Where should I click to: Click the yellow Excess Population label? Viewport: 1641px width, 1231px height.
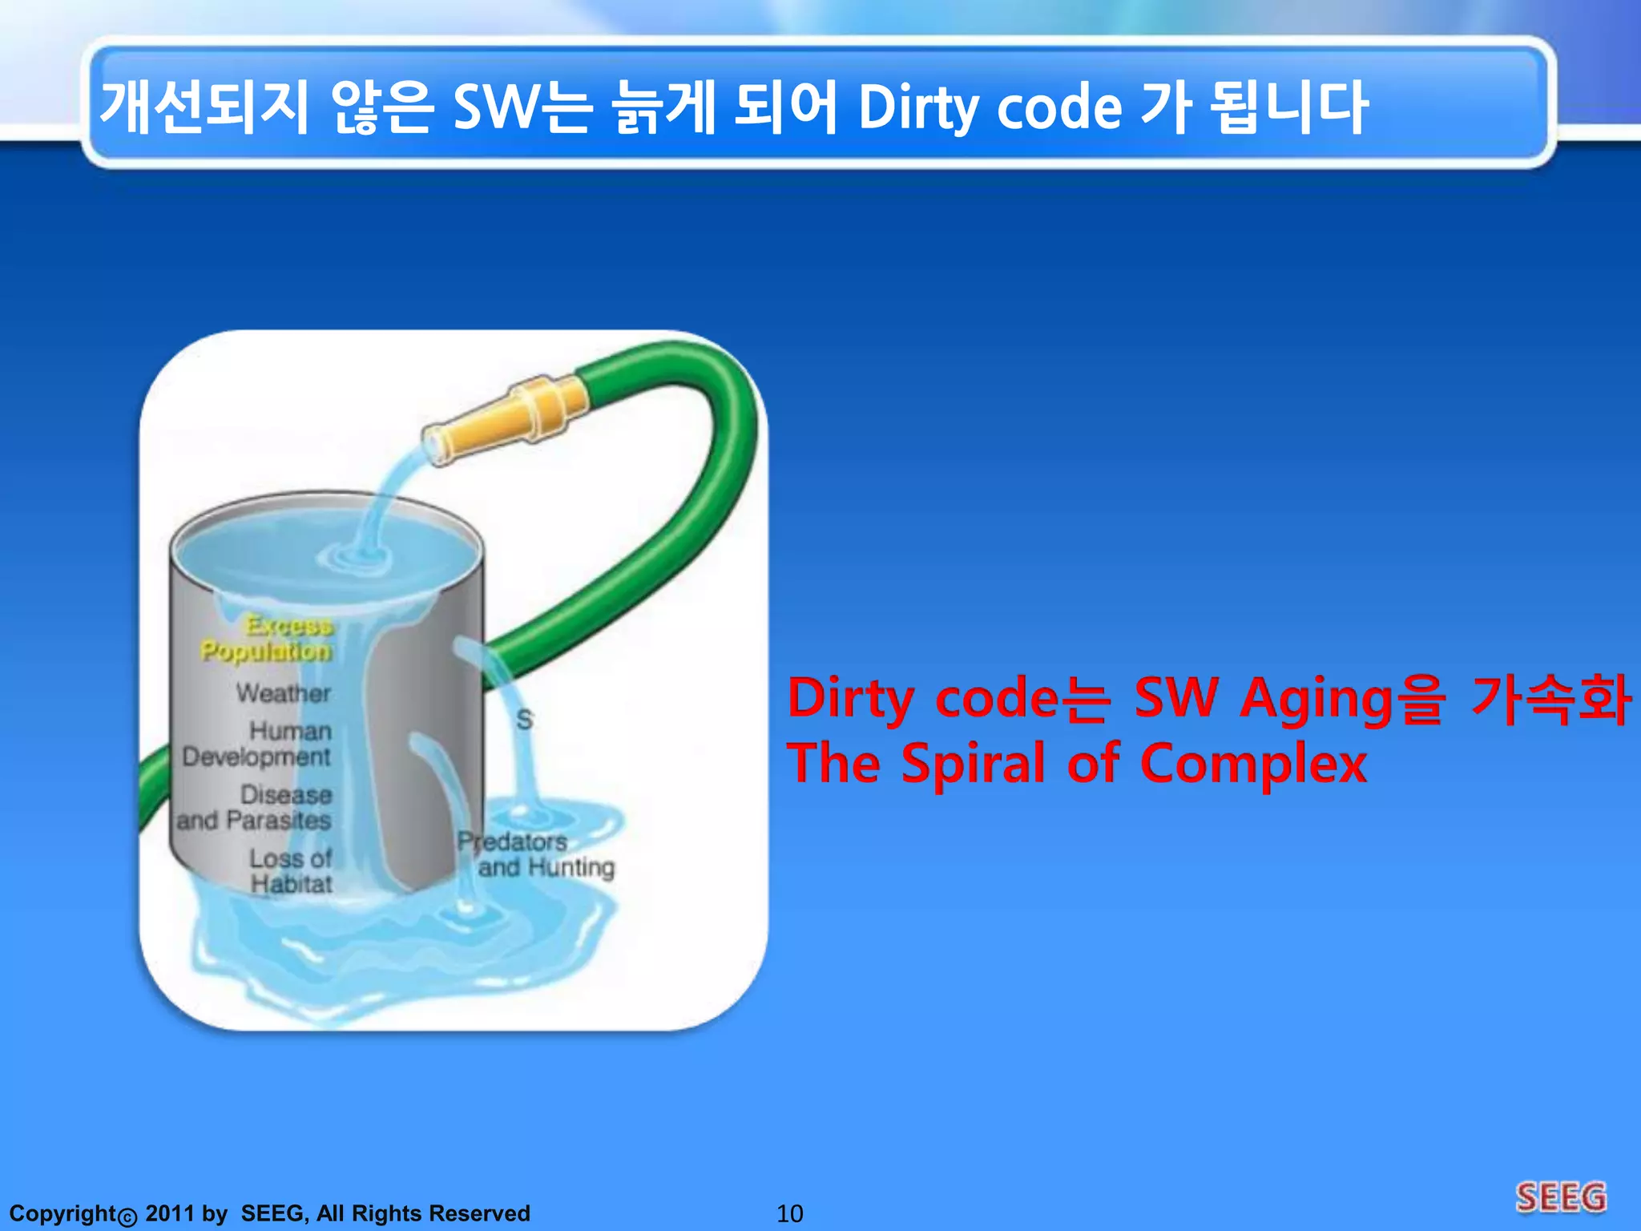(x=268, y=638)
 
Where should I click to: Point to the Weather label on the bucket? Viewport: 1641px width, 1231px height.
(x=284, y=692)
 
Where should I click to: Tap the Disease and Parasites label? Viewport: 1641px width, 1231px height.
(x=255, y=807)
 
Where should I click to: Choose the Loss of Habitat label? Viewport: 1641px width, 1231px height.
(x=290, y=871)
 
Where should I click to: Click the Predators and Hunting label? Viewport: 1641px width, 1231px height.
(x=535, y=854)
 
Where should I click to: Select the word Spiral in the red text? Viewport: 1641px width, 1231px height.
(x=973, y=763)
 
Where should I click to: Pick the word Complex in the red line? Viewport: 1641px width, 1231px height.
(x=1253, y=763)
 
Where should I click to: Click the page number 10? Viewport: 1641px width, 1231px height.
(x=789, y=1213)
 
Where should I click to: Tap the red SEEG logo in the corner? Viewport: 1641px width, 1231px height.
(x=1561, y=1198)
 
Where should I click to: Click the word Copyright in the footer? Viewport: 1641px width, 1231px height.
(x=62, y=1213)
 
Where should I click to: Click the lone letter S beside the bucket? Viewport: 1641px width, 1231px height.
(x=524, y=720)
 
